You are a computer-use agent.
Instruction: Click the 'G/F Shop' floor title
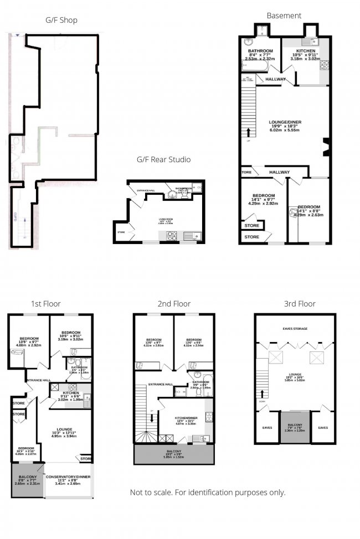click(x=61, y=20)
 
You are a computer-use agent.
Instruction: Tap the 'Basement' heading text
click(x=284, y=15)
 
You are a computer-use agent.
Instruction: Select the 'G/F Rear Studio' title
click(x=163, y=159)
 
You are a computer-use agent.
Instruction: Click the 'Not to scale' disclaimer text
click(x=207, y=493)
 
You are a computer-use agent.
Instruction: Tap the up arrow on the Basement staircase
click(x=249, y=132)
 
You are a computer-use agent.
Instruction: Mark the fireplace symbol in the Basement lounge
click(x=326, y=146)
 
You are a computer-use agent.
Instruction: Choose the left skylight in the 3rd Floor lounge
click(x=273, y=357)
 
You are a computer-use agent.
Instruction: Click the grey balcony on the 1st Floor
click(x=27, y=479)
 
